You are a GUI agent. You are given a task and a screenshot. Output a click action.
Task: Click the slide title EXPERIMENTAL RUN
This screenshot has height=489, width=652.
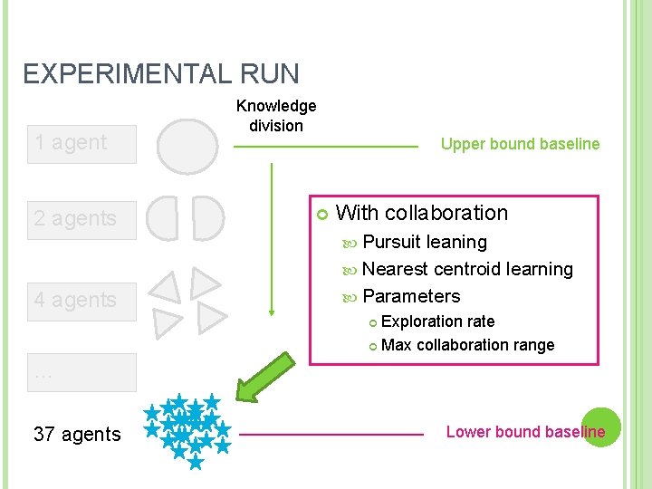[x=160, y=73]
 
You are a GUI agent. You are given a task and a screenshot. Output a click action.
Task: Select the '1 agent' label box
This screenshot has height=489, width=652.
[x=81, y=143]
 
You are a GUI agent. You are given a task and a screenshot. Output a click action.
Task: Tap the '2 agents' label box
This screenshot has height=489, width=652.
[x=81, y=219]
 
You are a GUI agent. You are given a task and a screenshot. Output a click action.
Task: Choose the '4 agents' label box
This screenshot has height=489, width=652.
[x=81, y=301]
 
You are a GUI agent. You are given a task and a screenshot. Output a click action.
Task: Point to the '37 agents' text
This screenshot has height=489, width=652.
[x=77, y=435]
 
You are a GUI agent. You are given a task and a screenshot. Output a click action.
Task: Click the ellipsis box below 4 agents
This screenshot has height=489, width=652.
[x=81, y=372]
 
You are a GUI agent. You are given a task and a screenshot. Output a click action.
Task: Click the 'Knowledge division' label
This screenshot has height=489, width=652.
[x=276, y=116]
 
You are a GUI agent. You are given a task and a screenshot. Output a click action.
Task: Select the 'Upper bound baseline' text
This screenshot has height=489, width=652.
[x=520, y=144]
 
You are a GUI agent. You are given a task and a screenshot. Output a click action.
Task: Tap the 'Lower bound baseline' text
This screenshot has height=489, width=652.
[x=525, y=432]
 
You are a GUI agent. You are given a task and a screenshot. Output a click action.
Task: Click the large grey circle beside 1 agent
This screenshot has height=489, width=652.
[x=187, y=144]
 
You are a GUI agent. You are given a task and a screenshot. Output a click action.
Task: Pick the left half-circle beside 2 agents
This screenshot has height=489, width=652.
[x=163, y=218]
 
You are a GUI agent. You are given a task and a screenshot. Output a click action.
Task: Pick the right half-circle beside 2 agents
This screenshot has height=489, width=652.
[x=207, y=218]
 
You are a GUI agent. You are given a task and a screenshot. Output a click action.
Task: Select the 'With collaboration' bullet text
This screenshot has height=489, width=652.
[x=422, y=214]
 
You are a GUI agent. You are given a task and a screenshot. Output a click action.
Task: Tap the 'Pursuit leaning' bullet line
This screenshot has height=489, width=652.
[x=424, y=243]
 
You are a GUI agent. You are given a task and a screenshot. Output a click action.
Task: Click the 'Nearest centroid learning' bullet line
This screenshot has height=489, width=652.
[x=466, y=270]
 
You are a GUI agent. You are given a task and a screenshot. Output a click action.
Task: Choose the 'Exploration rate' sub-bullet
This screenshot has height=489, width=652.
[x=437, y=321]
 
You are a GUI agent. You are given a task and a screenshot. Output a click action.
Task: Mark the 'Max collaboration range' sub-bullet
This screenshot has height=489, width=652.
[x=467, y=345]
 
